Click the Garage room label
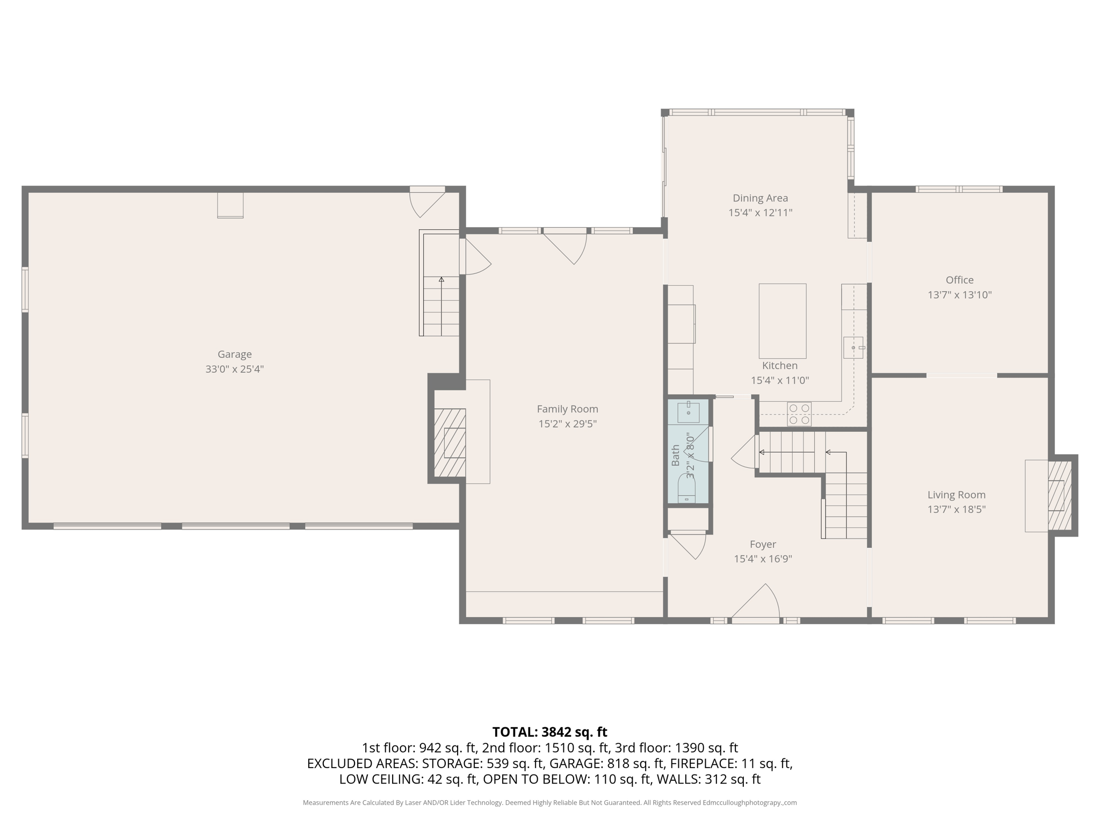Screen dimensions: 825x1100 [234, 354]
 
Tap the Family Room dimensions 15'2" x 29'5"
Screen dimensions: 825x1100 [567, 424]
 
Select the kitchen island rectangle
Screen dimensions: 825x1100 [782, 321]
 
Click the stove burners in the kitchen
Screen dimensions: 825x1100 [799, 414]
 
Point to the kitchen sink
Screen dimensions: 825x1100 [853, 348]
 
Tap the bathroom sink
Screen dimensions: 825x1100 [688, 412]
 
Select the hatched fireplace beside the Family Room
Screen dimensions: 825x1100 [450, 443]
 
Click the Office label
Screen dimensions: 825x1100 [959, 280]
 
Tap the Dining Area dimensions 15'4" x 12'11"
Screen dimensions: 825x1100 [760, 213]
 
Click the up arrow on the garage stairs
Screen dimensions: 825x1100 [442, 280]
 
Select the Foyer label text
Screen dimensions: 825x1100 [763, 544]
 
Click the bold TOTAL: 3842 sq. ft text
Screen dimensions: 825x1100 [549, 732]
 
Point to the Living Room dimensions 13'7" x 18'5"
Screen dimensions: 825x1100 [956, 509]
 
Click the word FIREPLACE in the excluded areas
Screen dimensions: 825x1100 [703, 763]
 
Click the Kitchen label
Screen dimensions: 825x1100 [779, 366]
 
